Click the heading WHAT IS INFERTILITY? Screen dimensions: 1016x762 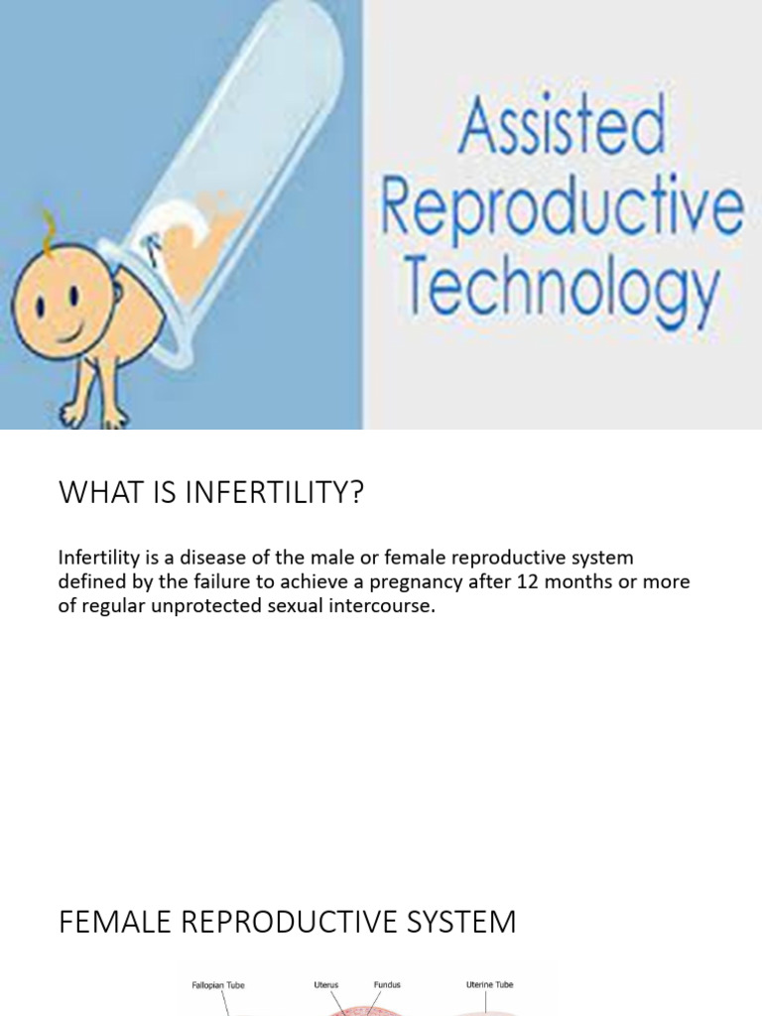(211, 492)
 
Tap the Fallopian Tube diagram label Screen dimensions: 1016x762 (218, 985)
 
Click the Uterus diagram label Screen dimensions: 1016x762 (325, 985)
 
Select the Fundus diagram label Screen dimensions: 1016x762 (388, 985)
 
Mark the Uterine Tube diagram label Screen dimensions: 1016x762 (489, 985)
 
